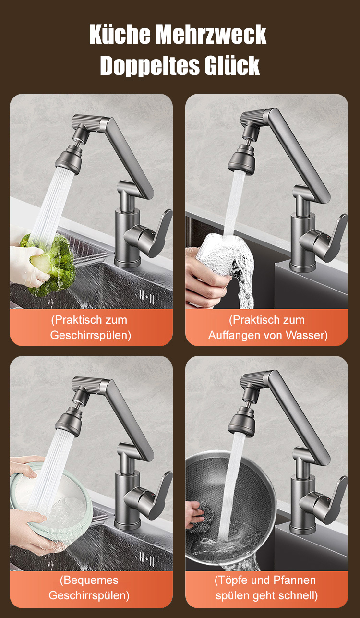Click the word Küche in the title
coord(120,35)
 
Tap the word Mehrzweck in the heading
coord(211,35)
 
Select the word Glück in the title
coord(232,65)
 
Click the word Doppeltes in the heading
coord(149,66)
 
